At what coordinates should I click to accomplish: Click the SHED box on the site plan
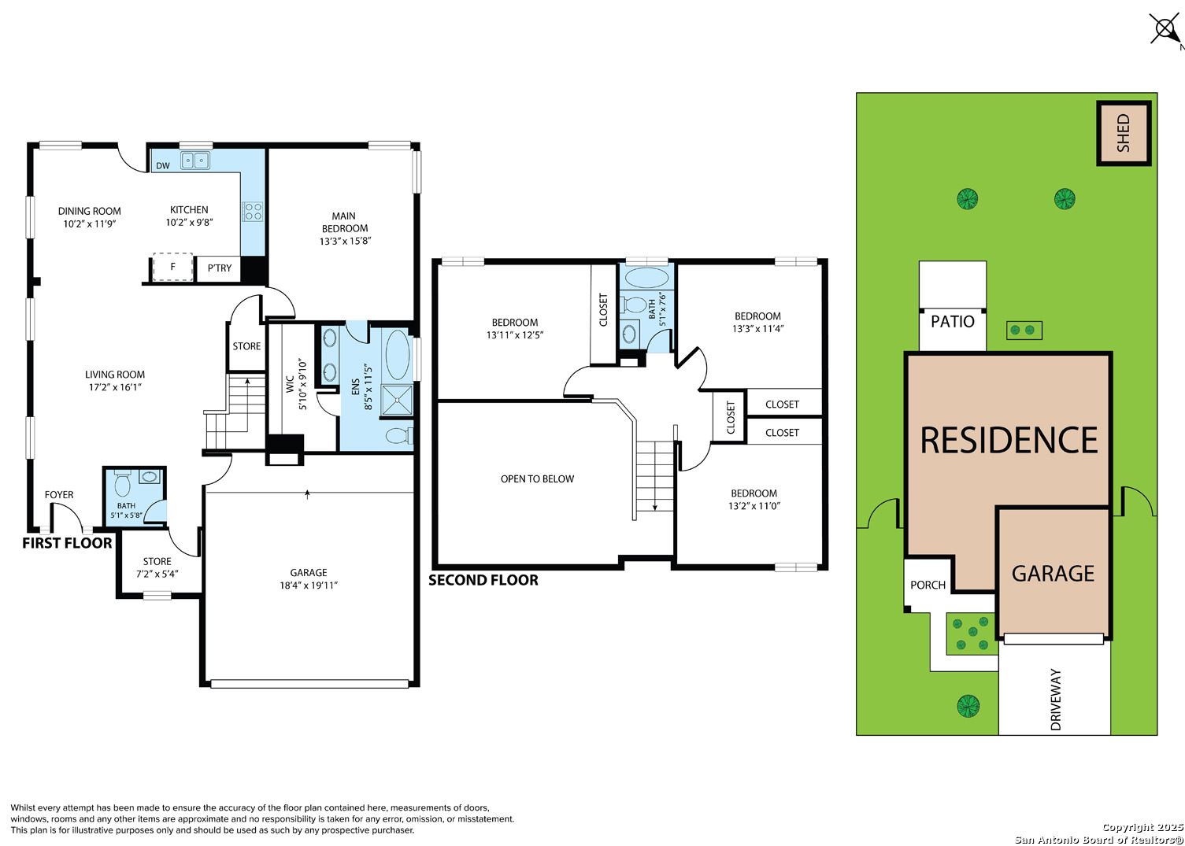tap(1124, 133)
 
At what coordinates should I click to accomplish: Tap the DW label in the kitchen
tap(163, 165)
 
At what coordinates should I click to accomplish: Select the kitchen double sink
tap(195, 161)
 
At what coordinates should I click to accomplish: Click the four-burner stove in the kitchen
tap(253, 212)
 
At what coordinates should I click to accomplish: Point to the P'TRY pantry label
tap(220, 268)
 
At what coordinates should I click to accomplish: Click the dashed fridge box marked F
tap(172, 267)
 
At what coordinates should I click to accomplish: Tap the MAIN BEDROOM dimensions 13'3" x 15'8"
tap(345, 241)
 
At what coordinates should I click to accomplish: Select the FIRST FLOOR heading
tap(67, 543)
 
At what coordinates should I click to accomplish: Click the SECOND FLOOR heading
tap(483, 580)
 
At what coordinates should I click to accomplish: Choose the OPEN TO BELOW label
tap(537, 479)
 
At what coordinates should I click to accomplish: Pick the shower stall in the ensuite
tap(397, 400)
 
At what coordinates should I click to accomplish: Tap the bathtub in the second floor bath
tap(646, 277)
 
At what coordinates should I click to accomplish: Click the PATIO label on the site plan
tap(952, 321)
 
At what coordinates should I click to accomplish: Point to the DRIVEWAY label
tap(1055, 700)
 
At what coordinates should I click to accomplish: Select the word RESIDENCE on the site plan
tap(1009, 440)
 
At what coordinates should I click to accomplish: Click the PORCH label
tap(928, 585)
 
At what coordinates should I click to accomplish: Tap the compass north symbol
tap(1165, 28)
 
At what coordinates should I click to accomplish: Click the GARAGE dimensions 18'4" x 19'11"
tap(309, 586)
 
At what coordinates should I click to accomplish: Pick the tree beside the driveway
tap(968, 706)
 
